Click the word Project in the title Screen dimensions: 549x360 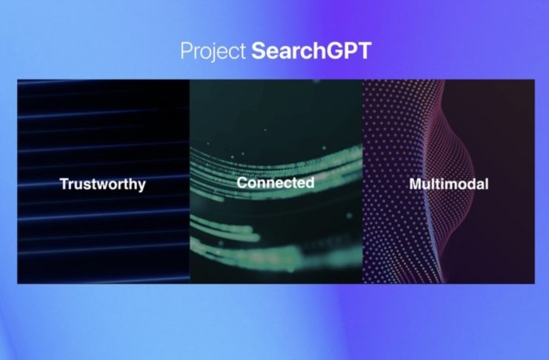213,51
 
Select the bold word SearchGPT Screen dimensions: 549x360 311,51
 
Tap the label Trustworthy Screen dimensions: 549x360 102,184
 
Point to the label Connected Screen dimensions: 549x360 275,182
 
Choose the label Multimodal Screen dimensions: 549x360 448,184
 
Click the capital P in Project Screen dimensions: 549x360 186,51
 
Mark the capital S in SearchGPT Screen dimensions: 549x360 259,51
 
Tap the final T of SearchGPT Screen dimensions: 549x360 364,51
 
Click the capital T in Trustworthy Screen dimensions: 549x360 64,184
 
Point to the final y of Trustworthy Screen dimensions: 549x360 142,187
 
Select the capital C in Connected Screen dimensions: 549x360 242,182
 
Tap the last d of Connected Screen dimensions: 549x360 310,182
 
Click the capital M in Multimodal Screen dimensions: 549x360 416,184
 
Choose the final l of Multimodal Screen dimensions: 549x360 486,184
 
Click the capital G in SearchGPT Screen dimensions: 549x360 333,51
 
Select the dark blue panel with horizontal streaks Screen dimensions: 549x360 103,181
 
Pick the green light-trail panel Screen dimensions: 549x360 276,181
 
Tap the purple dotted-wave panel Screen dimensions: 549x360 449,181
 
